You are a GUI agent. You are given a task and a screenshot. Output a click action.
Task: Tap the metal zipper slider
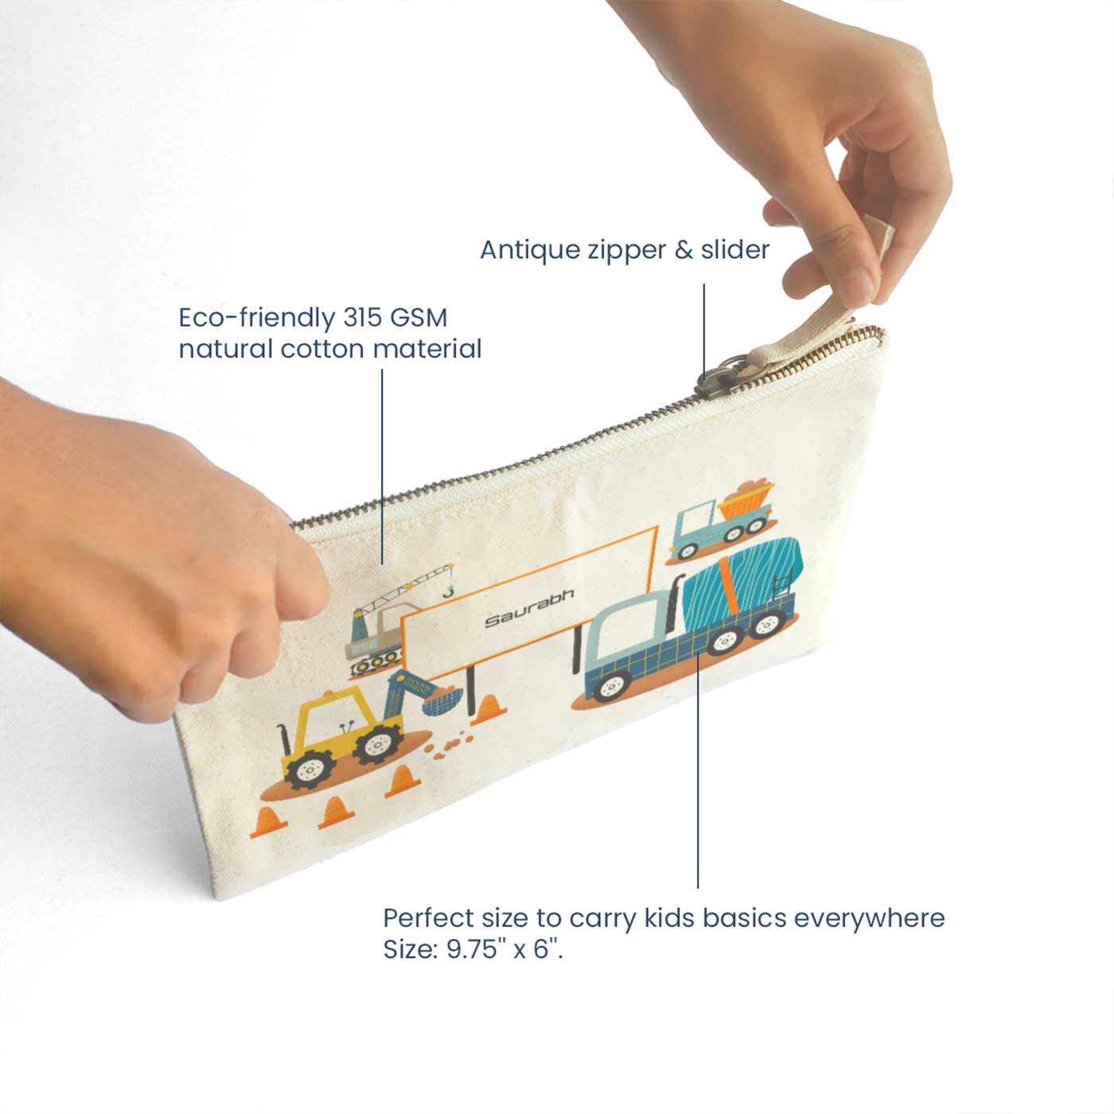pyautogui.click(x=717, y=377)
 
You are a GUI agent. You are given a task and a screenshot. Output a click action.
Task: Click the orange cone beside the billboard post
pyautogui.click(x=489, y=710)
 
